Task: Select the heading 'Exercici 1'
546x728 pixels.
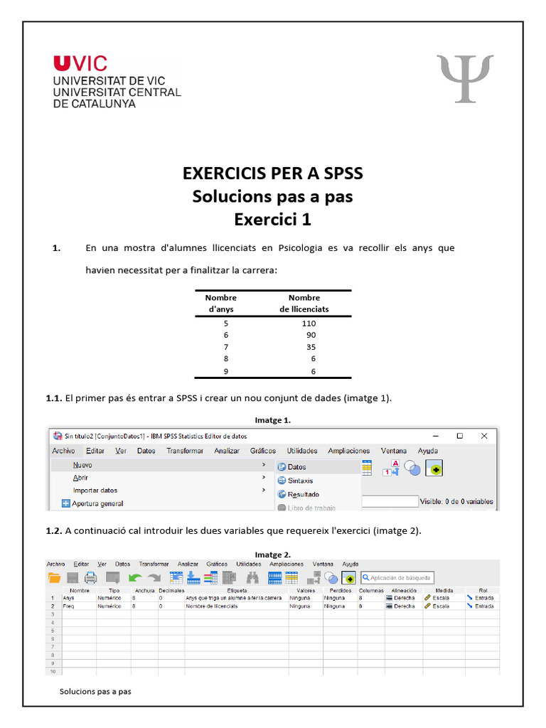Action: [273, 220]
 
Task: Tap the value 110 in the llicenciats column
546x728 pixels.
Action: [308, 323]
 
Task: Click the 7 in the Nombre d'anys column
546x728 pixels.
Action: [225, 347]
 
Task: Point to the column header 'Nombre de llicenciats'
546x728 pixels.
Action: [304, 304]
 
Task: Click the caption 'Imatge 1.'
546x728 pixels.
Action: [273, 420]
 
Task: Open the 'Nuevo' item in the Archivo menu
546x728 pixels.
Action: [82, 464]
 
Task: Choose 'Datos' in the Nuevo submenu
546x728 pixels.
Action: [296, 467]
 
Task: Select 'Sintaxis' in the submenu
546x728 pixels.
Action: [300, 481]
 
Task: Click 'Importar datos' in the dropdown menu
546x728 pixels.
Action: [95, 491]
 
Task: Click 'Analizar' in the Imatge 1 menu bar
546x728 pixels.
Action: [227, 451]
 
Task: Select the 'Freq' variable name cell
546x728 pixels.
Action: [68, 606]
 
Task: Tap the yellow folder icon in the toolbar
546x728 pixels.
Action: [54, 577]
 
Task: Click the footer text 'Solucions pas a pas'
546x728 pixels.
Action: [95, 691]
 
